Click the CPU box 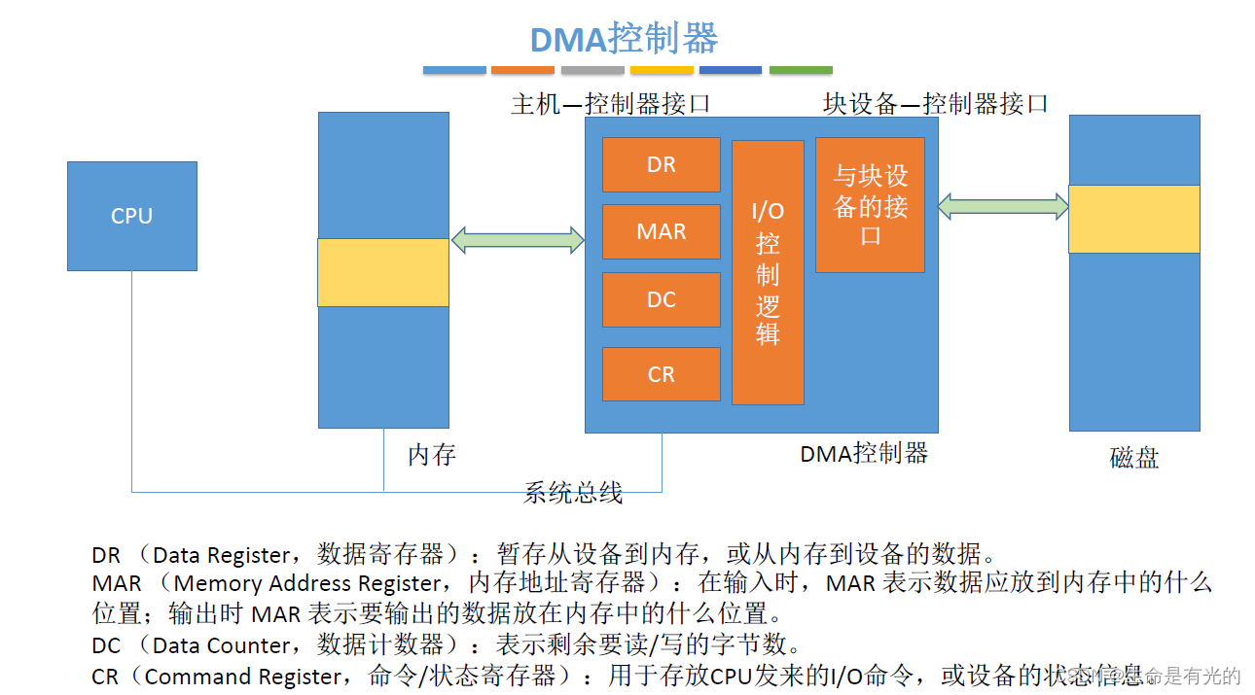132,216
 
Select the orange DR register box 662,165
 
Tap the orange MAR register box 662,231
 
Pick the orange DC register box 662,299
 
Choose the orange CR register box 662,374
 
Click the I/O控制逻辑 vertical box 768,272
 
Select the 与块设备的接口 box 870,205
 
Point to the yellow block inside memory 383,272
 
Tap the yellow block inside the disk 1134,219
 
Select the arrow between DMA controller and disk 1003,205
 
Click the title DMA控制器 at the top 624,39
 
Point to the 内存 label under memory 432,455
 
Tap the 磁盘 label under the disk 1134,458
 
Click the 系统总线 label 573,493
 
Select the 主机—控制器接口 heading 611,104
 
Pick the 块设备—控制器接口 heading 935,104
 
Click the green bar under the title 801,70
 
